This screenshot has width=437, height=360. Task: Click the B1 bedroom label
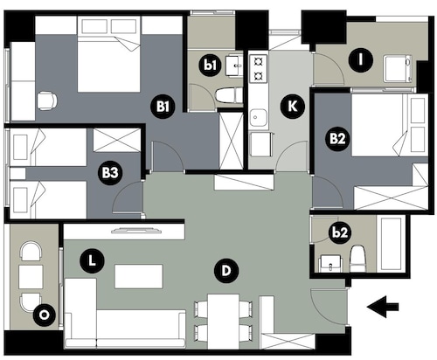163,107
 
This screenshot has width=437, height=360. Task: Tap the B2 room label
337,138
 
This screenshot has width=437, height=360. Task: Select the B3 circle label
110,173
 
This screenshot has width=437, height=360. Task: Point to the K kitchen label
293,107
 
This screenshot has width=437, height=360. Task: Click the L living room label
92,261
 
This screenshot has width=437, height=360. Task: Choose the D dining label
226,271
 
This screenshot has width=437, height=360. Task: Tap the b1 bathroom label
211,65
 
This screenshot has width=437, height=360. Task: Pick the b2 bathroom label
340,232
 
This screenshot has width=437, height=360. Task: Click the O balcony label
45,315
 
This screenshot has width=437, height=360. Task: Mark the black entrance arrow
383,307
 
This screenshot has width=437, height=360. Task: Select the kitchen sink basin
258,118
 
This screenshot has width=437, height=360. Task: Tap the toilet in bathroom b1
229,96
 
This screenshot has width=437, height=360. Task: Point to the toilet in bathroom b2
357,259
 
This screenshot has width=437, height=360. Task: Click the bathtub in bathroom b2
391,244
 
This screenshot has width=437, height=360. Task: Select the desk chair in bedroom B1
47,100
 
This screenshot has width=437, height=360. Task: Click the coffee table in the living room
139,276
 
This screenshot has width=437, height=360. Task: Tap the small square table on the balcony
31,276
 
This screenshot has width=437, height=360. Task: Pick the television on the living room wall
136,230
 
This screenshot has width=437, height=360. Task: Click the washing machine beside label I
399,69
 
